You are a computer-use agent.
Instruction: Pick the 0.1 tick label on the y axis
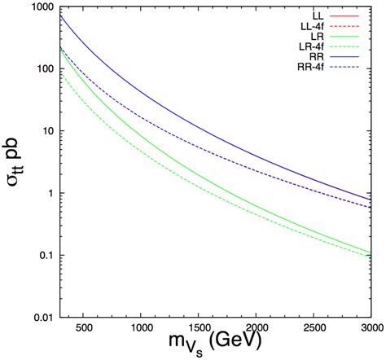(x=46, y=255)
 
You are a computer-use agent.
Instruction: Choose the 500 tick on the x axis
(x=83, y=328)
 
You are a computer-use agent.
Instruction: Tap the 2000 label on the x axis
(x=257, y=328)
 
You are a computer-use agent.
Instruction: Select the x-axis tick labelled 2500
(x=314, y=328)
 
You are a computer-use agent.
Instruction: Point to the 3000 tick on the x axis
(x=371, y=328)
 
